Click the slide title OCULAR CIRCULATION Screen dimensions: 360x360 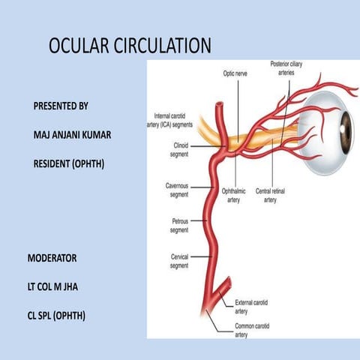click(130, 46)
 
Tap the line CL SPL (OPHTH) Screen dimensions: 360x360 click(56, 316)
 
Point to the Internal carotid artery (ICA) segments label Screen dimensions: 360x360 click(176, 121)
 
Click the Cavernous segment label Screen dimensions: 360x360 click(178, 190)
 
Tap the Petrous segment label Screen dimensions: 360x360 click(179, 225)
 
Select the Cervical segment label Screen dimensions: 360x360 click(179, 261)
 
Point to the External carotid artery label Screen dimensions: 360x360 click(251, 305)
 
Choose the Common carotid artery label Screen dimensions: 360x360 click(251, 331)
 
